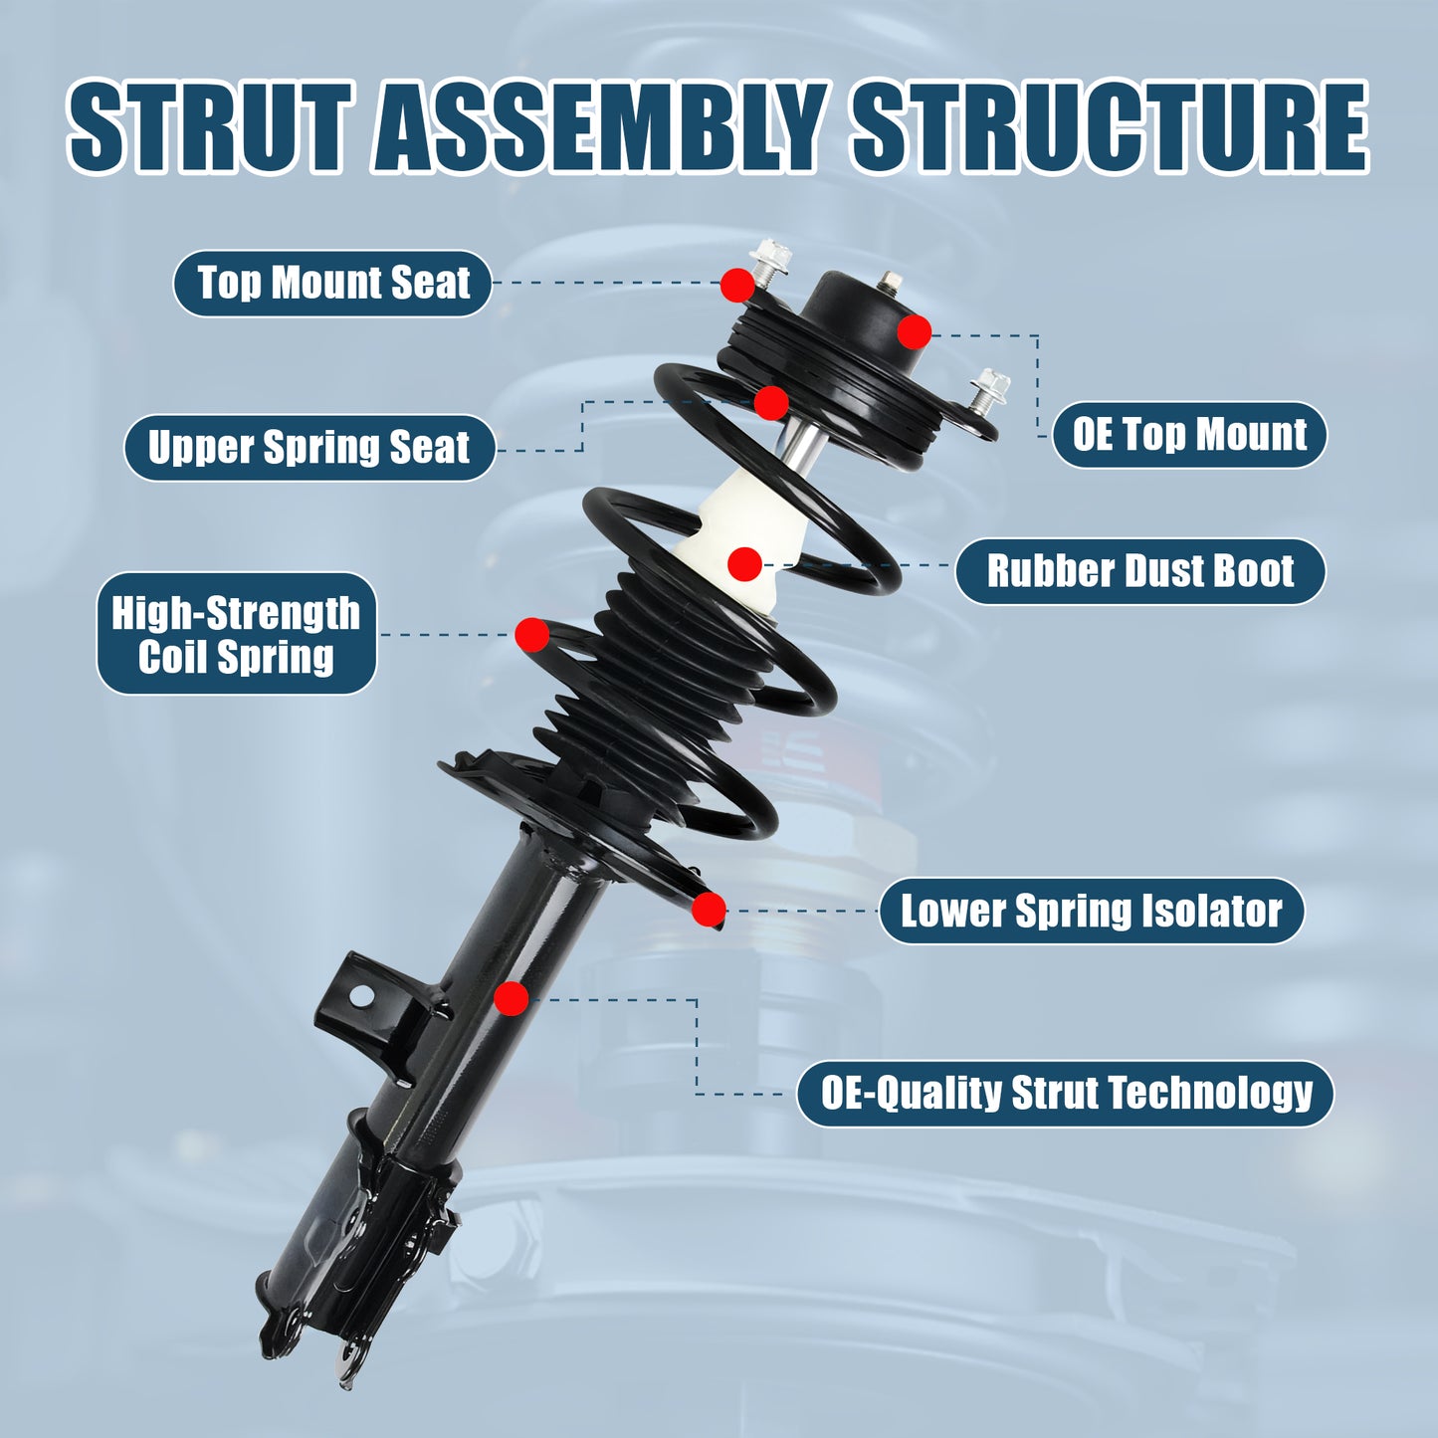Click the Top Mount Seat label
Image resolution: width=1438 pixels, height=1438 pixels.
pos(332,284)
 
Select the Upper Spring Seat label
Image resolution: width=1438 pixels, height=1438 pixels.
pos(308,448)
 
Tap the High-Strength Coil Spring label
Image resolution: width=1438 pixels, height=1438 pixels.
pos(236,634)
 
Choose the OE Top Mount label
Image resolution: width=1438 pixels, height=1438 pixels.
pos(1189,435)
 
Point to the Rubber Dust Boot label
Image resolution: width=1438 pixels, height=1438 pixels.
pos(1139,571)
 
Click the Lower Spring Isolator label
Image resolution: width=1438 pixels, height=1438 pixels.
pos(1091,911)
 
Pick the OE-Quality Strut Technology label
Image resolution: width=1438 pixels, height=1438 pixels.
pos(1065,1093)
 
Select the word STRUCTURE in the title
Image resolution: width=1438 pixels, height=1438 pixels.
pos(1110,127)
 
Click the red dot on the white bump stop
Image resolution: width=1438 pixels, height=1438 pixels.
pos(744,564)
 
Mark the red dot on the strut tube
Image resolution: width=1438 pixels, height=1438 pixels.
pos(512,998)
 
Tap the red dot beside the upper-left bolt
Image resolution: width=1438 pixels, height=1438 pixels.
pos(737,285)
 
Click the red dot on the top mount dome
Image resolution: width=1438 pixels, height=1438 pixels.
pos(915,331)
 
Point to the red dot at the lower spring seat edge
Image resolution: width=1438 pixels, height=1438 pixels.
pos(709,909)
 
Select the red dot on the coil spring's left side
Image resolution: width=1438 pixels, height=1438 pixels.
pos(532,635)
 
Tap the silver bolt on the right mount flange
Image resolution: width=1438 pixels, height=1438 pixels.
pos(989,389)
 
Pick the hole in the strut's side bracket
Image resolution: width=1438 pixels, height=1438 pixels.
pos(360,994)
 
